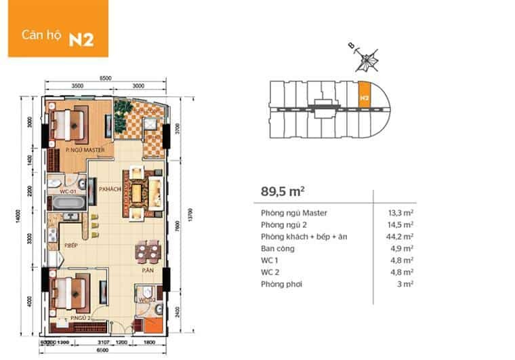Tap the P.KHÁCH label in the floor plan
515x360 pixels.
click(109, 190)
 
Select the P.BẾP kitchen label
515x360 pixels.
click(69, 245)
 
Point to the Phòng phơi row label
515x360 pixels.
click(281, 283)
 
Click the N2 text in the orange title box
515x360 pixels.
click(81, 38)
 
